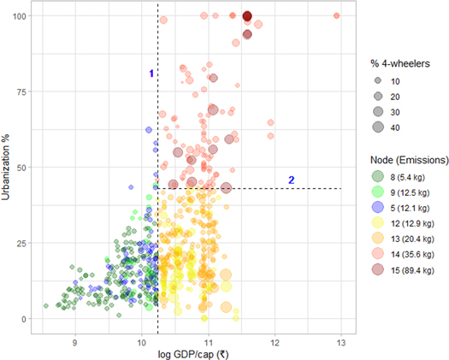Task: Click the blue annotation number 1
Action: [151, 74]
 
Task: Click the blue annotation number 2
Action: [292, 180]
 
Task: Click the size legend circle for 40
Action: [377, 127]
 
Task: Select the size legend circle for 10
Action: [377, 81]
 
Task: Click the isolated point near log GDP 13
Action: [337, 15]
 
